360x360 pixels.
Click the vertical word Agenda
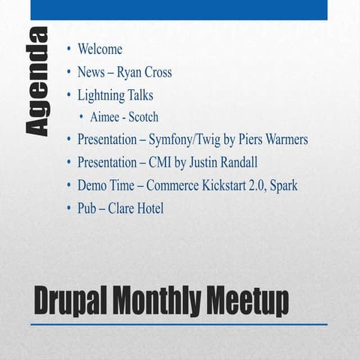(x=37, y=82)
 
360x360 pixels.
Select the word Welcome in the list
(x=100, y=49)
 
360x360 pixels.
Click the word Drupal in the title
(x=72, y=301)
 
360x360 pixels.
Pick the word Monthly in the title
(x=157, y=302)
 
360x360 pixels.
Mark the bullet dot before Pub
(x=69, y=208)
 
